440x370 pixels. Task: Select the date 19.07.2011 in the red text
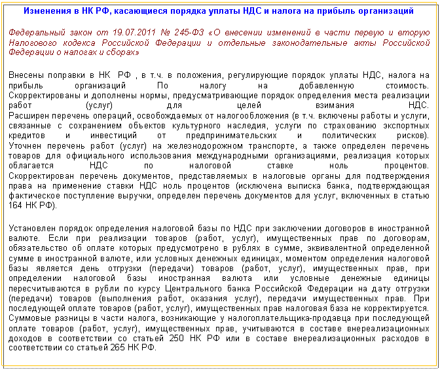[x=134, y=33]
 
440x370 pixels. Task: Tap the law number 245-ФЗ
[x=189, y=33]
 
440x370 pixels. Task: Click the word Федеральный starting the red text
[x=37, y=33]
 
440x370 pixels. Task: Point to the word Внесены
[x=25, y=75]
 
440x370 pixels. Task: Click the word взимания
[x=335, y=105]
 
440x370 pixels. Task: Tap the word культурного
[x=196, y=126]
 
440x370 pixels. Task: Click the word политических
[x=349, y=136]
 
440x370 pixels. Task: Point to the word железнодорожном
[x=205, y=146]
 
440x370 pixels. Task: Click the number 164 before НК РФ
[x=15, y=206]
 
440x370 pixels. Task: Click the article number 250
[x=176, y=338]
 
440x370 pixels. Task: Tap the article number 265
[x=117, y=348]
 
